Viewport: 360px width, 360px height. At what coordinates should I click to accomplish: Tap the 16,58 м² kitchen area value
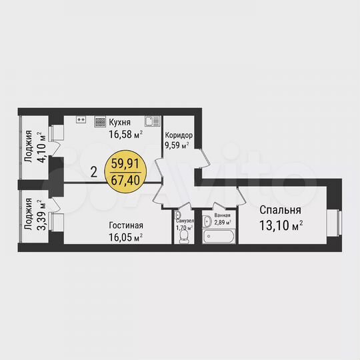coord(126,133)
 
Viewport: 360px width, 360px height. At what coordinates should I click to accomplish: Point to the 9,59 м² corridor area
coord(177,143)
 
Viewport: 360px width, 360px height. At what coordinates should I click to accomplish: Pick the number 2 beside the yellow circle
coord(94,171)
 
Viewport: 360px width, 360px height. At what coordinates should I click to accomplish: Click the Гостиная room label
coord(125,225)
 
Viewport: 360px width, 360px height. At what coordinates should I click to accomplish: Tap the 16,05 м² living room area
coord(126,237)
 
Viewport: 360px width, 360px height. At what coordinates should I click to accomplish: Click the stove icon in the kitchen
coord(100,122)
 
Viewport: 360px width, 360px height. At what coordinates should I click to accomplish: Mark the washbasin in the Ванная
coord(207,221)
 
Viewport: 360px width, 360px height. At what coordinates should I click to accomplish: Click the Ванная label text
coord(223,215)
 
